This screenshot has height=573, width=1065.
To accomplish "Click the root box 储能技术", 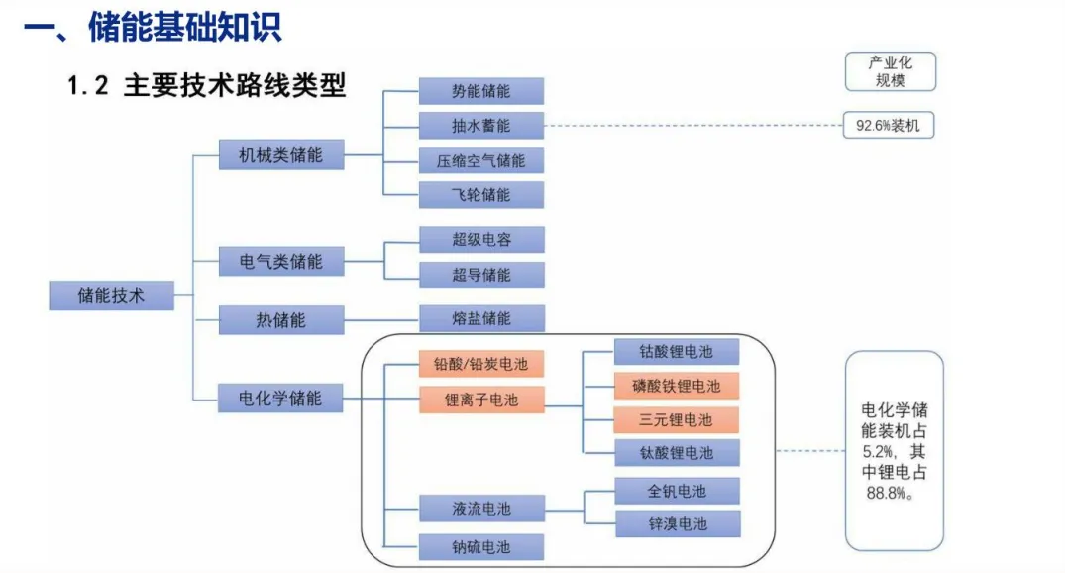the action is tap(111, 295).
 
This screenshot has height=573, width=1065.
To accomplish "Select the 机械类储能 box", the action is tap(281, 155).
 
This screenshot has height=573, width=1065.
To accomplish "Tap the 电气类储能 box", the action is tap(281, 261).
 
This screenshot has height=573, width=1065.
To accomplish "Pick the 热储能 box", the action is tap(281, 319).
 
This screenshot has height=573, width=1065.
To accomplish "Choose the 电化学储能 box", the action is tap(279, 398).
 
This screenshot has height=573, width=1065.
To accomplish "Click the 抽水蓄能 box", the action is tap(480, 126).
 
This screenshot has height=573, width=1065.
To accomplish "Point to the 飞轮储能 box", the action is tap(480, 195).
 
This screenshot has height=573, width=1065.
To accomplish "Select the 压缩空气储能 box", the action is tap(480, 161).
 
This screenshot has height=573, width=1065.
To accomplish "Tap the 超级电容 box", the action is tap(481, 239).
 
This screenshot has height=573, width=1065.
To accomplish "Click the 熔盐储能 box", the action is tap(481, 318).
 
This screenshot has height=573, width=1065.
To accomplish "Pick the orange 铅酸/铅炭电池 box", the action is tap(480, 364).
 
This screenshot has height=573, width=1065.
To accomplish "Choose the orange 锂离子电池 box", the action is tap(481, 400).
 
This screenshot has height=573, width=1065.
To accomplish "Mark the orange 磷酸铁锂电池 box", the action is tap(676, 386).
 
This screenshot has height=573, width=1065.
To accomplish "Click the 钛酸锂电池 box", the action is tap(677, 453).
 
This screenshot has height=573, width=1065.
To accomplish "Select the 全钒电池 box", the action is tap(677, 491).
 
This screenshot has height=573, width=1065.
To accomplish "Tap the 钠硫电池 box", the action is tap(480, 547).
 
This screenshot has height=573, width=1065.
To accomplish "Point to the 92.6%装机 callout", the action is tap(889, 126).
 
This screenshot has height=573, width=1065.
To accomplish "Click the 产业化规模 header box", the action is tap(891, 71).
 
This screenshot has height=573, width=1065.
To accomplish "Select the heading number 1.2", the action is tap(87, 85).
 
